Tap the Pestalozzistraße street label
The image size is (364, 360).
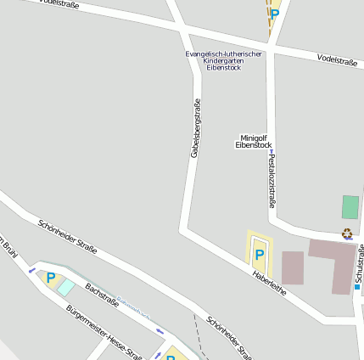(271, 180)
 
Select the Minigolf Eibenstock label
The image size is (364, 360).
(254, 141)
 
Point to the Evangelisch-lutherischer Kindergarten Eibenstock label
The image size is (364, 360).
(224, 60)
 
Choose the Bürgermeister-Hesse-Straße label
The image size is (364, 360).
(104, 332)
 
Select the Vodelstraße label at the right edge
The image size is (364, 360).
(337, 59)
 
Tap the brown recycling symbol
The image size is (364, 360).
(346, 233)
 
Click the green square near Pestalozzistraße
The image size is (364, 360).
(350, 207)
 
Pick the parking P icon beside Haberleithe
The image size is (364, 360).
(259, 253)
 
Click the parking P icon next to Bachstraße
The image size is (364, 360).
(51, 277)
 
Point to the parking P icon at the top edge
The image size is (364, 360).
(274, 13)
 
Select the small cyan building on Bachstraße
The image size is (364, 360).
(65, 287)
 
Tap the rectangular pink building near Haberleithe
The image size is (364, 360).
(292, 267)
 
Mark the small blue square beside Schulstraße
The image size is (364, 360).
(357, 287)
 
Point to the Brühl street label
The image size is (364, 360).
(8, 245)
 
